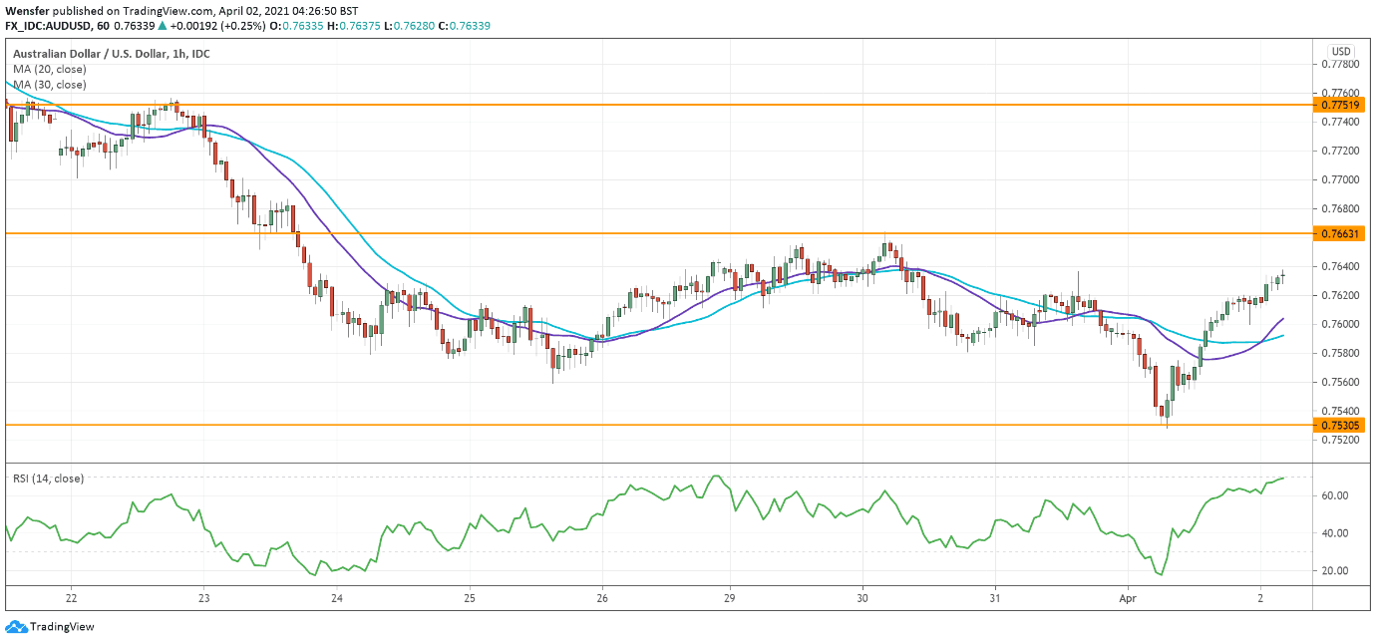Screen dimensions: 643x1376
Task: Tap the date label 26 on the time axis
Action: coord(602,598)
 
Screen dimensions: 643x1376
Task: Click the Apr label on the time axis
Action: coord(1128,598)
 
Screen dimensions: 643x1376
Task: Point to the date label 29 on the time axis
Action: coord(729,598)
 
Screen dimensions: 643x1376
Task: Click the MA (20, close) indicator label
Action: coord(50,69)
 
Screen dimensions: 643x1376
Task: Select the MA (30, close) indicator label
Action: coord(50,85)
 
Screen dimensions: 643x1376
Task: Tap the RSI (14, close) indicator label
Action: coord(48,479)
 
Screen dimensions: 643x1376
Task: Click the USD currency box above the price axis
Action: coord(1341,52)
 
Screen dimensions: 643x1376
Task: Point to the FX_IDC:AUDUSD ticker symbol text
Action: coord(48,26)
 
